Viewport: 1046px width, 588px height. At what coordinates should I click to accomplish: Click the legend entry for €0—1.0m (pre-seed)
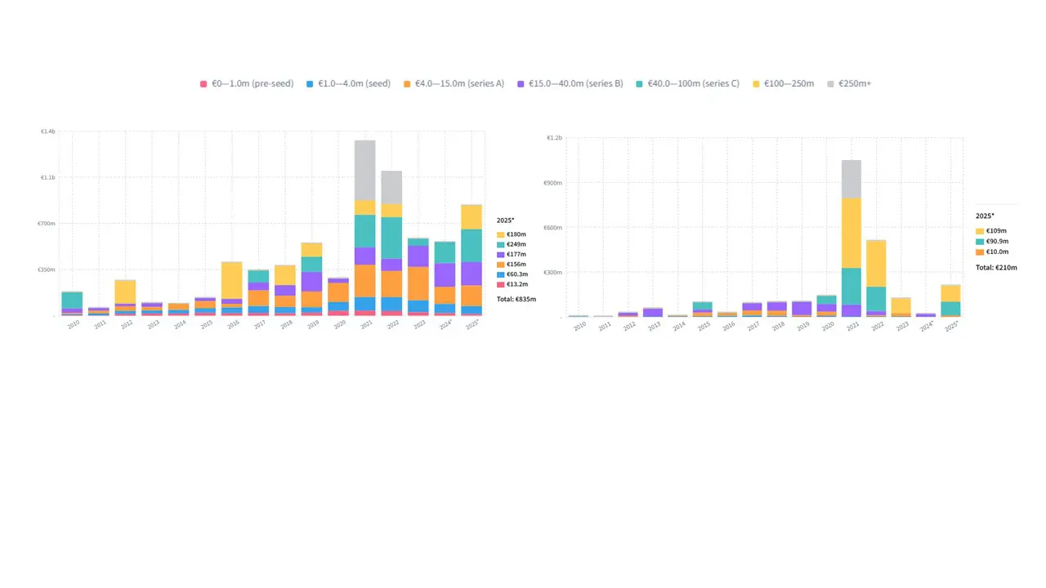pos(247,83)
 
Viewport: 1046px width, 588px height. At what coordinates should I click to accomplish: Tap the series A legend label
pos(454,83)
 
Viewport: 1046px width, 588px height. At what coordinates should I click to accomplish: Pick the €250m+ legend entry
pos(850,83)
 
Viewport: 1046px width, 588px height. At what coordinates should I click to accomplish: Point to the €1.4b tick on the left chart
pos(48,131)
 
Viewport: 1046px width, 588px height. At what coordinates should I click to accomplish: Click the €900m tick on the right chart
pos(553,183)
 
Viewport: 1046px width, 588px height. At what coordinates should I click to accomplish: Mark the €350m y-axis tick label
pos(47,269)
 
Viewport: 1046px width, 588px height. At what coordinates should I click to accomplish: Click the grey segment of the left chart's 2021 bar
pos(364,170)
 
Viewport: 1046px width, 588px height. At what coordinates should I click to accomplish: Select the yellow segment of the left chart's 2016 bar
pos(232,280)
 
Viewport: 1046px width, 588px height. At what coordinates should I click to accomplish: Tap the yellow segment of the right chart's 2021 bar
pos(852,233)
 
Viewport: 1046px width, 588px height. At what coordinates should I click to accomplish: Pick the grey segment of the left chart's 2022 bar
pos(391,187)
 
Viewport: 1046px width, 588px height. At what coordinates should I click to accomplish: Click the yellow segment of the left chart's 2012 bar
pos(125,292)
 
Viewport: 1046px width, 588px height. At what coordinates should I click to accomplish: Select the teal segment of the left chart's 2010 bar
pos(72,300)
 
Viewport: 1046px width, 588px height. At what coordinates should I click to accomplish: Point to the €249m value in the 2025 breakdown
pos(516,244)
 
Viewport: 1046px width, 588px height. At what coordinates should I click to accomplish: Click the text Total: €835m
pos(516,299)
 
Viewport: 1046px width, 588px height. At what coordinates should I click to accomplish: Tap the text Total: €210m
pos(996,267)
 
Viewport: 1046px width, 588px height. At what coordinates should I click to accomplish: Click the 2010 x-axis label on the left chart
pos(73,325)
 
